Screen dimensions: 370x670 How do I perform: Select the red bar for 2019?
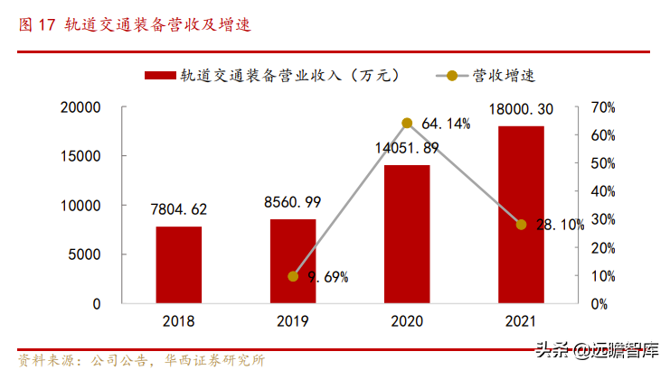click(293, 261)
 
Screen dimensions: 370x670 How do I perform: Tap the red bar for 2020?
click(407, 234)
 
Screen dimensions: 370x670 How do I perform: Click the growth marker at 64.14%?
click(407, 123)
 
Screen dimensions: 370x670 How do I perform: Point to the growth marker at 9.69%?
click(293, 276)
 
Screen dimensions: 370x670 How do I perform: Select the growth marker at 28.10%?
click(522, 224)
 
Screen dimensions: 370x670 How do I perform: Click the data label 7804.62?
click(179, 209)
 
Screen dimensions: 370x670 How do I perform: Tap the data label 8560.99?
click(293, 202)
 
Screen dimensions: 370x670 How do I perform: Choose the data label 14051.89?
click(407, 148)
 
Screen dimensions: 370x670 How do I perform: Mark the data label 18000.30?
click(522, 109)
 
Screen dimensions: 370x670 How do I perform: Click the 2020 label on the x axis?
click(407, 321)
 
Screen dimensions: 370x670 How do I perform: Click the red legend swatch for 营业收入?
click(160, 76)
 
